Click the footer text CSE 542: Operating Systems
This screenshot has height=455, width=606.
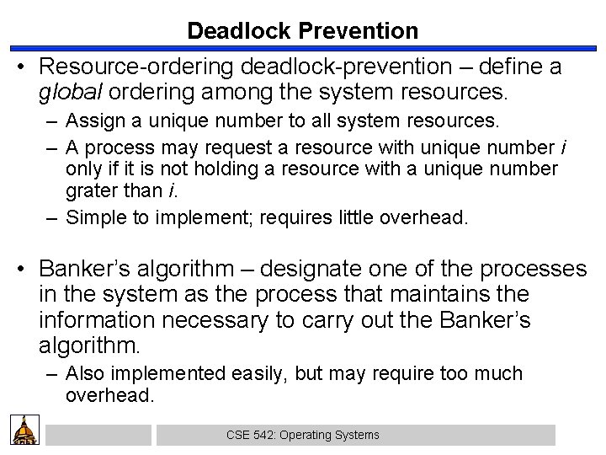coord(303,435)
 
